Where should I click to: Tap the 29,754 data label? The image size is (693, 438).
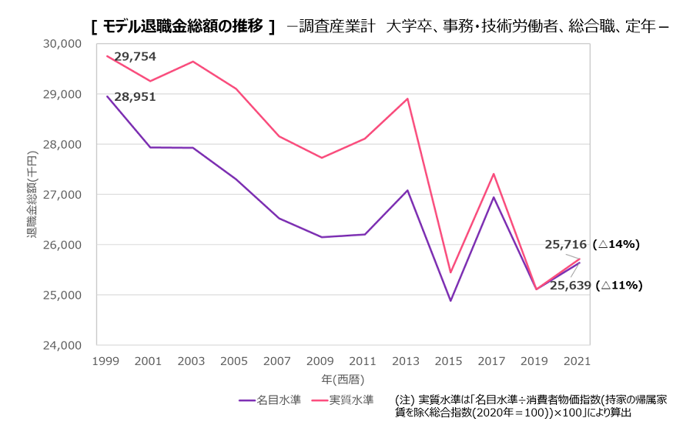tap(135, 56)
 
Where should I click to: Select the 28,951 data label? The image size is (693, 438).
tap(135, 97)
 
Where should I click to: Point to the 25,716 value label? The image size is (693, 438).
tap(567, 245)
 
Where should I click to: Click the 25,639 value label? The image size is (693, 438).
tap(571, 285)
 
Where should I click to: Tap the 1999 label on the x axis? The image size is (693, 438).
tap(106, 361)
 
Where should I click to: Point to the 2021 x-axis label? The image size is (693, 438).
tap(577, 361)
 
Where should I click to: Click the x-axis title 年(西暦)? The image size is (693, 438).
tap(343, 379)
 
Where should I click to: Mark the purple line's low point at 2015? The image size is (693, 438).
tap(450, 300)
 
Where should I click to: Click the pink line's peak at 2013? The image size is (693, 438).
tap(407, 99)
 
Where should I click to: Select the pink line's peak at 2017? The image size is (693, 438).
tap(494, 174)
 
